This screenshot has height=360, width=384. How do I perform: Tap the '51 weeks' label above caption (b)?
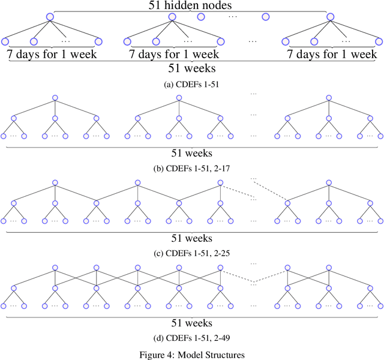192,154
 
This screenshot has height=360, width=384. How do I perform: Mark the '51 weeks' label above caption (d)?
192,322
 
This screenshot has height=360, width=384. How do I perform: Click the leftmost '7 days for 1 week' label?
52,55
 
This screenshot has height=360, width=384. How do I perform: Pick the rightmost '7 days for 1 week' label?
331,55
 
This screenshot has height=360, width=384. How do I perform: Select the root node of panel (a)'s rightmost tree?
330,17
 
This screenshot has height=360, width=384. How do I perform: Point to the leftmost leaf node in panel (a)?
5,41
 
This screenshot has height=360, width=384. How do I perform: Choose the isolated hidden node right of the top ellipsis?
265,17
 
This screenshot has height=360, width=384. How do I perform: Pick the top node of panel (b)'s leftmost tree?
55,98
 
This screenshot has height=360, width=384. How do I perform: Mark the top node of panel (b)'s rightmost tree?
327,98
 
